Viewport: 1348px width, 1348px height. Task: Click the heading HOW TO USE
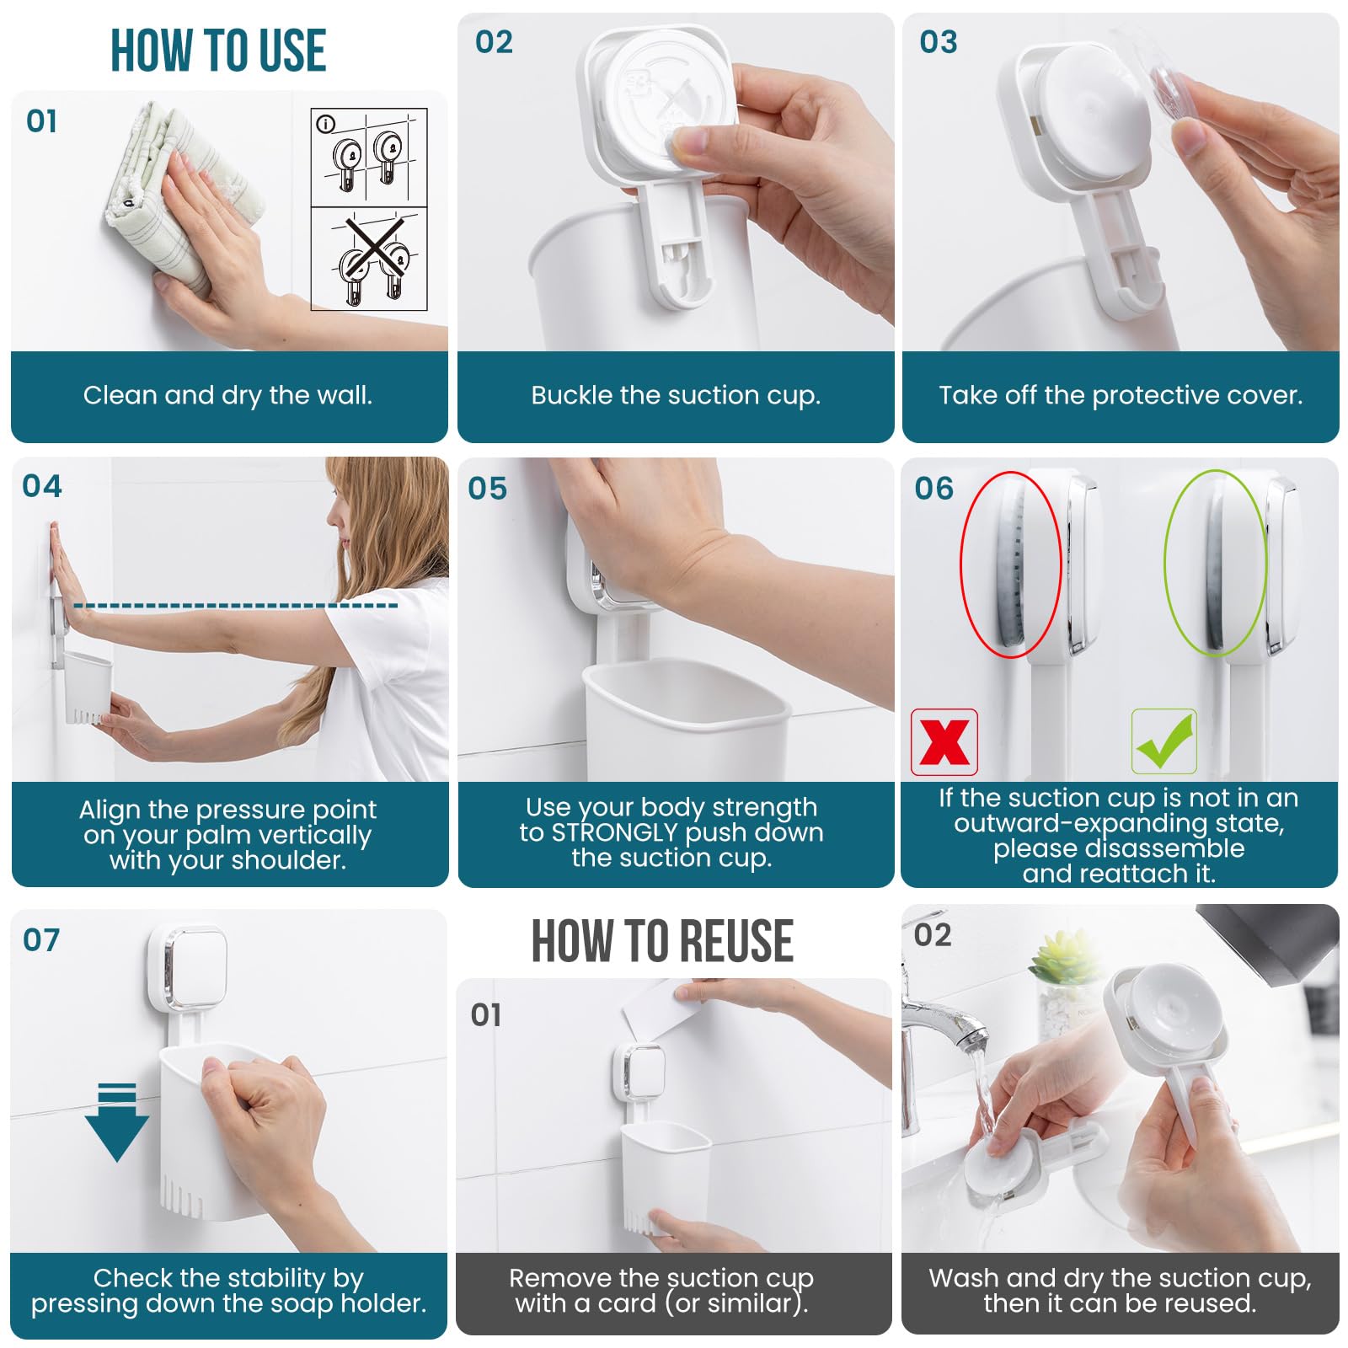(218, 51)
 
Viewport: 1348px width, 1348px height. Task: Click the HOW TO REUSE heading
(662, 940)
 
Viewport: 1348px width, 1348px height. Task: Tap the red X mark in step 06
(944, 742)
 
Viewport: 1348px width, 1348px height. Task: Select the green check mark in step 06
(1164, 741)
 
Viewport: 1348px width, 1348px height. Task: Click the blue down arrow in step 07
(116, 1122)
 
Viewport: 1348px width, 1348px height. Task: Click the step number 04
(42, 486)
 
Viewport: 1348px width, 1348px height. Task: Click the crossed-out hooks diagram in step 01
(370, 259)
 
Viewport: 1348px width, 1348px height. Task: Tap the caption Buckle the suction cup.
(676, 395)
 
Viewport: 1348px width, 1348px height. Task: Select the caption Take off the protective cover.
(1121, 395)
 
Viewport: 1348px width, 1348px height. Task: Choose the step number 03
(939, 42)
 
